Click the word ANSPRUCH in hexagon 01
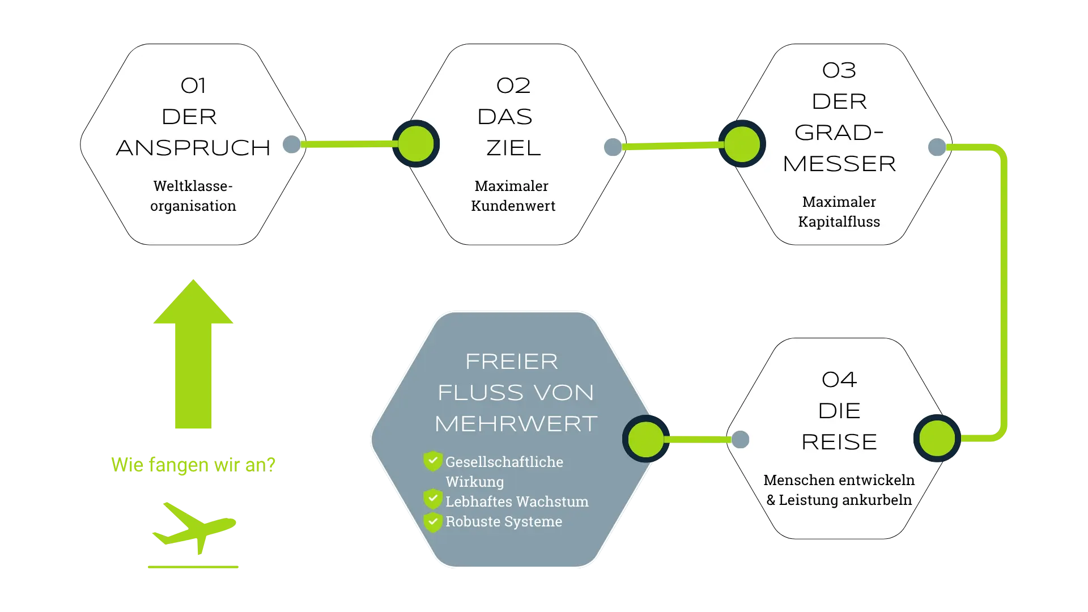tap(193, 148)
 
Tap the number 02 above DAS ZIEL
tap(513, 86)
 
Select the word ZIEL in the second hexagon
tap(513, 148)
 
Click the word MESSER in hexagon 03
tap(839, 164)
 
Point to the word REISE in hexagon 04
tap(839, 442)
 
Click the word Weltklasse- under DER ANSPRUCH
tap(193, 186)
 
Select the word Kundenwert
tap(513, 206)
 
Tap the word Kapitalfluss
tap(839, 222)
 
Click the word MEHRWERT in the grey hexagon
tap(516, 424)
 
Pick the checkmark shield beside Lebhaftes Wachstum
tap(433, 499)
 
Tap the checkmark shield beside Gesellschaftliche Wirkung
tap(433, 461)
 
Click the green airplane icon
tap(194, 527)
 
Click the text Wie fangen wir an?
tap(193, 464)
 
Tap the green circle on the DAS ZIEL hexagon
tap(416, 144)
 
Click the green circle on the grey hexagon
tap(645, 439)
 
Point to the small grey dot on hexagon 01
tap(291, 144)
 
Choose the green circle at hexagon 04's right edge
tap(937, 438)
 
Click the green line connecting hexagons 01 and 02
tap(348, 145)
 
